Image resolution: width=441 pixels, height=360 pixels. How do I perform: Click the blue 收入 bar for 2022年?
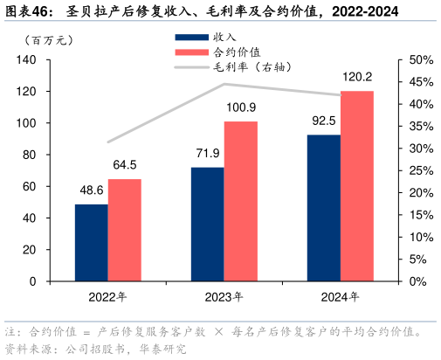(x=91, y=243)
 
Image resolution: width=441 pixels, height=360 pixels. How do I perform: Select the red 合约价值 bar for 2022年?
(x=124, y=230)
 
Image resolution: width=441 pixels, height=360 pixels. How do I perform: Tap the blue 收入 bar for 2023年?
(x=207, y=224)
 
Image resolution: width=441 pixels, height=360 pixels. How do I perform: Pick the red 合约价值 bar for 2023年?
(x=241, y=201)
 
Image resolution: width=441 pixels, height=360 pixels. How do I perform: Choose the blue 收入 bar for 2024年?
(x=324, y=208)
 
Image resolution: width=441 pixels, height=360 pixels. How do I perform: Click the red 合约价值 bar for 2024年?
(x=357, y=186)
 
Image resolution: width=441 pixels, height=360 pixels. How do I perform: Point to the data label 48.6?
(x=91, y=190)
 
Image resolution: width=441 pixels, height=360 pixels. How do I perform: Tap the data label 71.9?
(x=207, y=153)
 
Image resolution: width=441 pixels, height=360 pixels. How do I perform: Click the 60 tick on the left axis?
(x=28, y=187)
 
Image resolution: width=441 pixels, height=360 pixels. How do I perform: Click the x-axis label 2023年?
(x=224, y=297)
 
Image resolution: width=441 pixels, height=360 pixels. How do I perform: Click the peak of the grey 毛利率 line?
(x=224, y=84)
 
